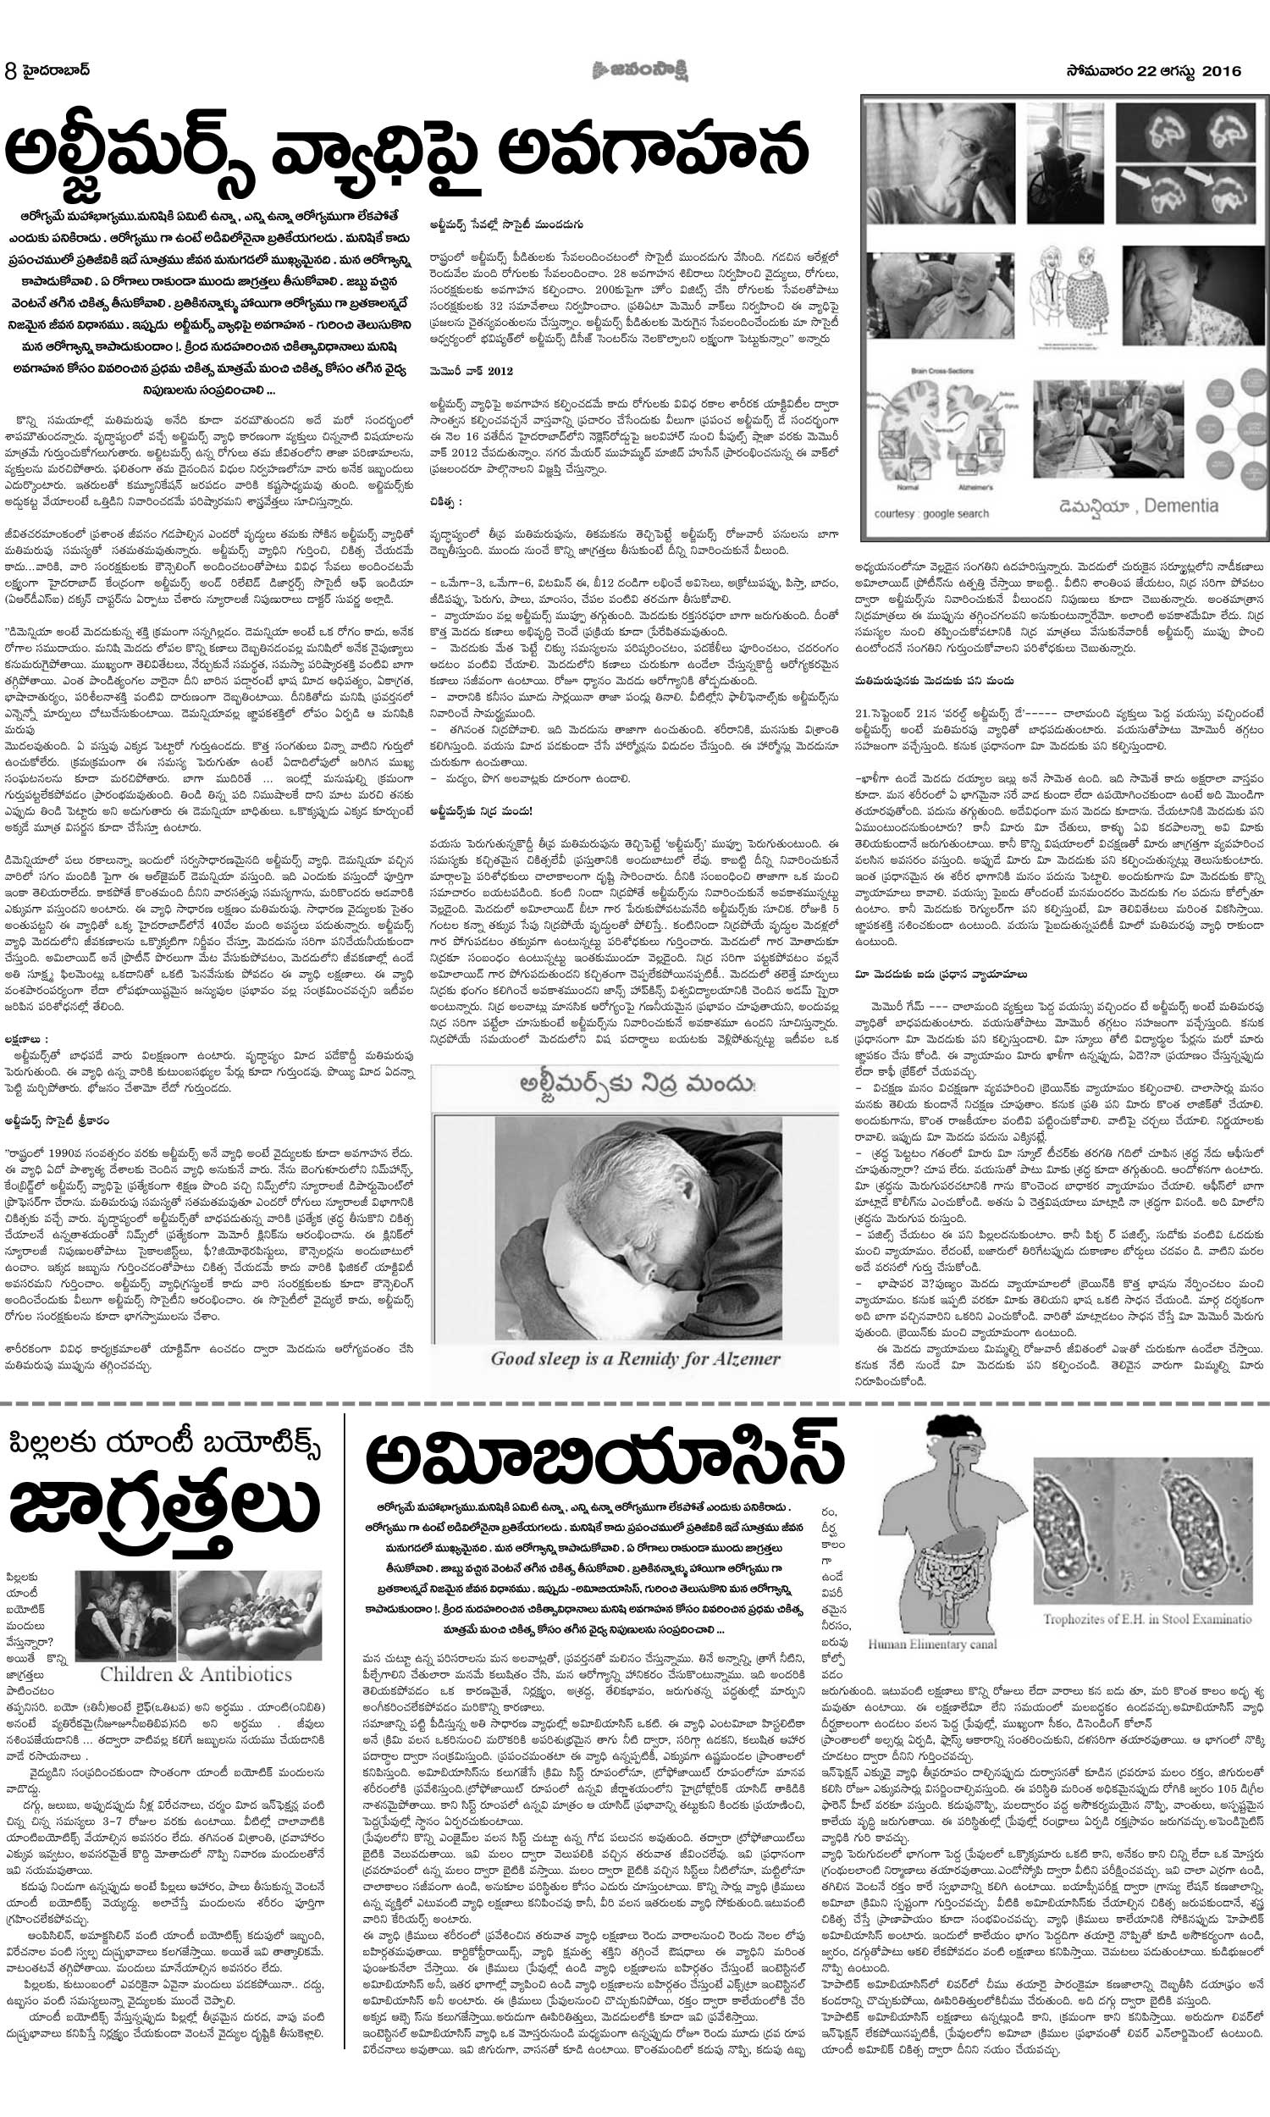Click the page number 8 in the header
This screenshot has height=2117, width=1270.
click(x=11, y=71)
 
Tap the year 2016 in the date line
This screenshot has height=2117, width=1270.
click(x=1220, y=71)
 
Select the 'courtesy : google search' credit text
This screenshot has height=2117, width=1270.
click(x=931, y=514)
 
